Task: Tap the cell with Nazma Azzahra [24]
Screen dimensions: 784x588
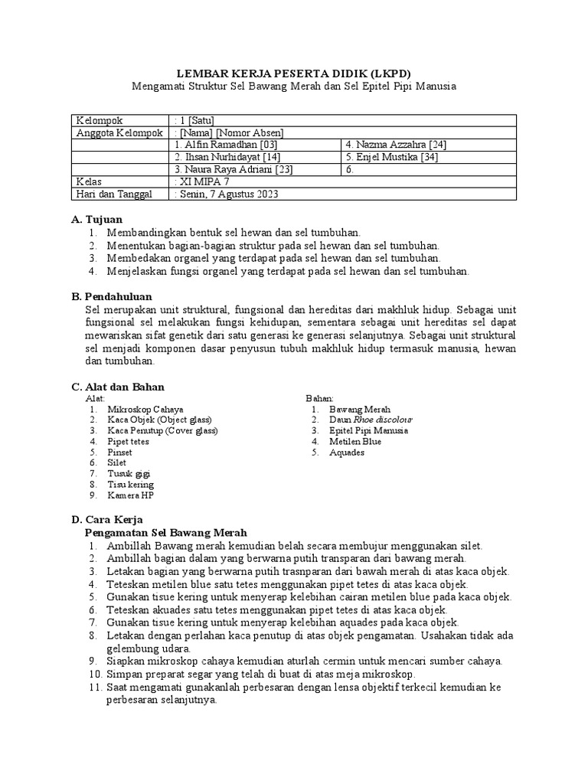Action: point(397,145)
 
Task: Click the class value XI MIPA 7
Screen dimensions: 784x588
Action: point(205,182)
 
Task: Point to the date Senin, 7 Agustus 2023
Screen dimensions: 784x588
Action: point(228,194)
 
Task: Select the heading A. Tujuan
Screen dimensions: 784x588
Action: point(96,220)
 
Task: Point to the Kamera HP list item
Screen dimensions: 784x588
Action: point(131,495)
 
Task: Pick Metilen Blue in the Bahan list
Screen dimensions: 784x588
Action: point(355,442)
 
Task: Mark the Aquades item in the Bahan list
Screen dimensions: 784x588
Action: point(347,452)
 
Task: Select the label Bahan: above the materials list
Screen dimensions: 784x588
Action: point(320,399)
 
